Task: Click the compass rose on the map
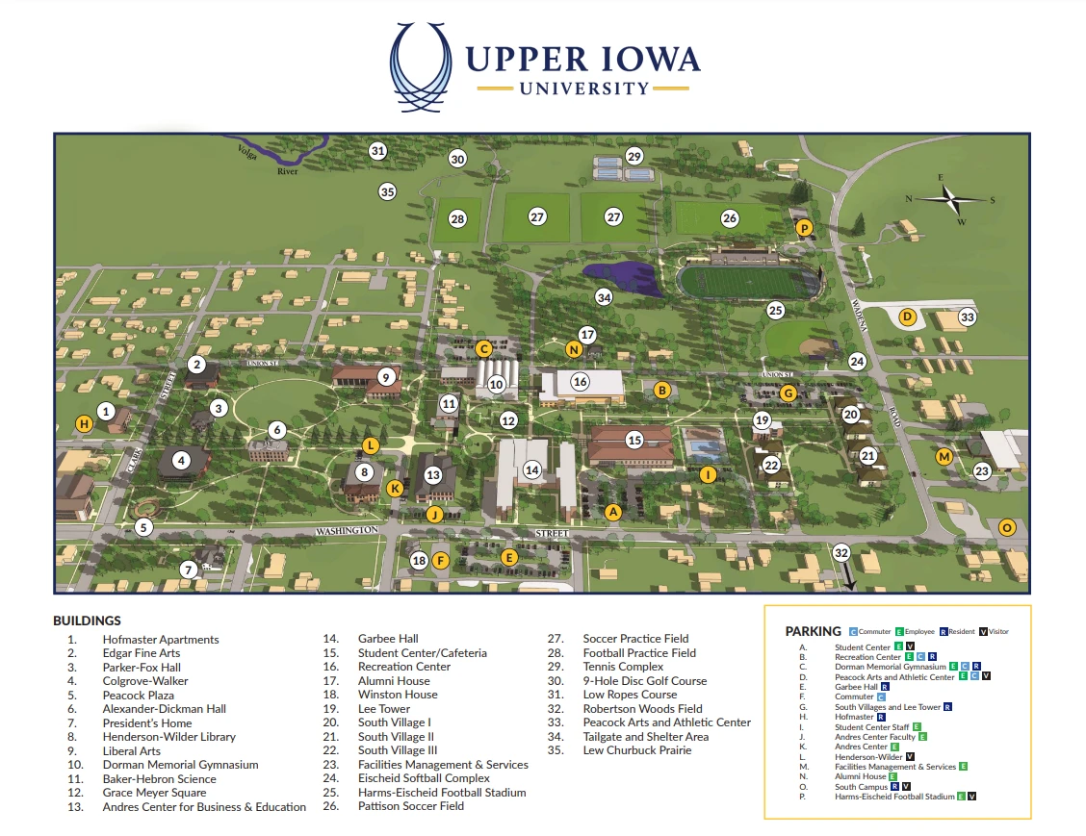950,199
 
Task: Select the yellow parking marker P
805,228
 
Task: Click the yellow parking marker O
1007,527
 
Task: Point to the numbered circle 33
968,317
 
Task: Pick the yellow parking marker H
85,423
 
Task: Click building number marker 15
633,440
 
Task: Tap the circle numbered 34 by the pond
604,297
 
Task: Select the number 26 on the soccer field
730,218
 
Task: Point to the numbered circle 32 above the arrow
841,552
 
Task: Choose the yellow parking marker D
906,317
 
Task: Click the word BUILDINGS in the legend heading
87,621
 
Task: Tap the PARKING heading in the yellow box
813,631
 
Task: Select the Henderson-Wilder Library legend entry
168,737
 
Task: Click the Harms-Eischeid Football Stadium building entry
442,793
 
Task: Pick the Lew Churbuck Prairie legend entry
636,750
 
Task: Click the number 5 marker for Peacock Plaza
143,527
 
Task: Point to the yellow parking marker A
612,512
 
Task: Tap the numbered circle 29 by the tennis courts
633,156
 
